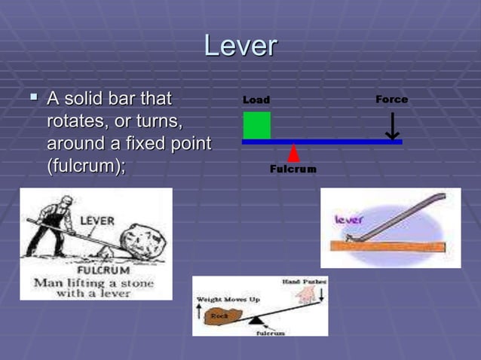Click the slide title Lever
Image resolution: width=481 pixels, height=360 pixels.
240,46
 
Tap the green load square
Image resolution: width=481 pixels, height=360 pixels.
256,125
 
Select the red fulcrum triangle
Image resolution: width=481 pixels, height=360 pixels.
293,154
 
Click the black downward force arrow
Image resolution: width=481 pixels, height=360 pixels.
392,127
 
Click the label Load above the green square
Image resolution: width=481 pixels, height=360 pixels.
256,100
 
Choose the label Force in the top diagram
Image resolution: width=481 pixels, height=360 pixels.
391,99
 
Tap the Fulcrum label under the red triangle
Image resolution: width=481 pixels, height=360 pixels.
293,169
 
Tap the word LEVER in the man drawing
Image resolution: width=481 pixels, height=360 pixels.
97,220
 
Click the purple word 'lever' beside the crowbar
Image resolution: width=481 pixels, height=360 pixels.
349,220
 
